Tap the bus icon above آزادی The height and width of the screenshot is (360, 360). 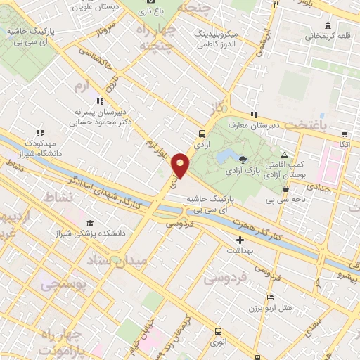pos(202,134)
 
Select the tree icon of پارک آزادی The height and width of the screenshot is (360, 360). pos(243,159)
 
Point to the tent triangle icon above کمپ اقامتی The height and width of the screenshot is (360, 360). pos(284,155)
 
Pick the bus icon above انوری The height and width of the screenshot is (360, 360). pos(217,330)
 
